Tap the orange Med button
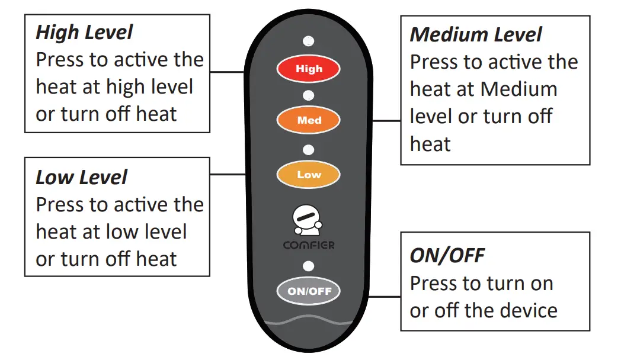coord(308,120)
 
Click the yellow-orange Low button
coord(308,175)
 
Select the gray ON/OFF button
coord(309,291)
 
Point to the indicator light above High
coord(308,41)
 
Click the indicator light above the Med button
coord(308,95)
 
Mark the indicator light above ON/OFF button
coord(308,265)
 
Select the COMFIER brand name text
coord(308,245)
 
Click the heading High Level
coord(84,33)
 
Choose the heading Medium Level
coord(475,35)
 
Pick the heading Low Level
coord(81,177)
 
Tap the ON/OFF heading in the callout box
coord(447,256)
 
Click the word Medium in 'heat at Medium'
coord(518,89)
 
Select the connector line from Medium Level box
coord(387,121)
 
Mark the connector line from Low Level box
coord(228,175)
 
